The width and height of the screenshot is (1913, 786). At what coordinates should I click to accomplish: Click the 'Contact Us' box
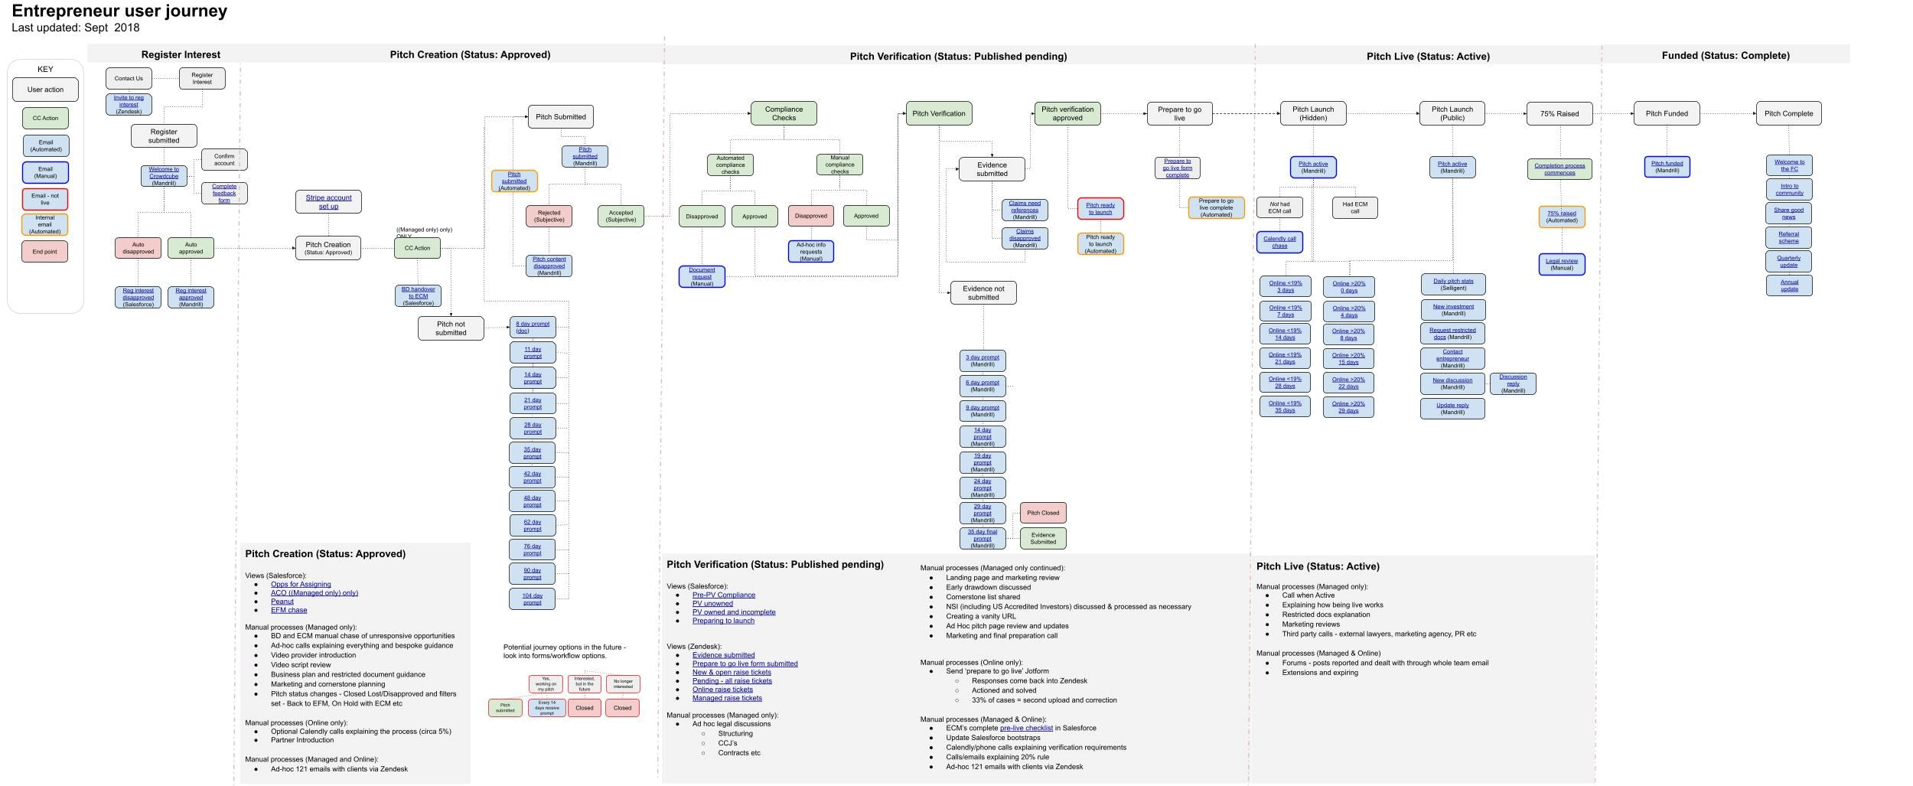pyautogui.click(x=129, y=78)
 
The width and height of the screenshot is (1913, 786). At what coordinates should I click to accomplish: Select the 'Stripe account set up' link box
pyautogui.click(x=328, y=202)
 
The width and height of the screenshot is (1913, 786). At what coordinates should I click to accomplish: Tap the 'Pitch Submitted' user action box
pyautogui.click(x=560, y=117)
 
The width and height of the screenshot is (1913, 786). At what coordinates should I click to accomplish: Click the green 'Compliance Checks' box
pyautogui.click(x=784, y=113)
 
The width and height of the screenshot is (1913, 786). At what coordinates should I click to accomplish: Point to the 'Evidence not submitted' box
pyautogui.click(x=983, y=293)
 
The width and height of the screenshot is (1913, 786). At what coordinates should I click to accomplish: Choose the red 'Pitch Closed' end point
pyautogui.click(x=1043, y=513)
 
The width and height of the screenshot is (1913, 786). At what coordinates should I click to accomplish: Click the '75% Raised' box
pyautogui.click(x=1559, y=113)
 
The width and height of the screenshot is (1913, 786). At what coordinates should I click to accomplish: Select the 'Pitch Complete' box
pyautogui.click(x=1788, y=113)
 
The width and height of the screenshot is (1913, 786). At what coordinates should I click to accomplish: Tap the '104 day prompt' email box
pyautogui.click(x=533, y=598)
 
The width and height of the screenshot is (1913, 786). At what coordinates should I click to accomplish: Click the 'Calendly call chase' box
pyautogui.click(x=1279, y=242)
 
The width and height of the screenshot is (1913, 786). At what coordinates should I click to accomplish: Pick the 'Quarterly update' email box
pyautogui.click(x=1788, y=261)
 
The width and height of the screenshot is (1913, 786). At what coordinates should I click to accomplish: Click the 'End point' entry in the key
pyautogui.click(x=45, y=251)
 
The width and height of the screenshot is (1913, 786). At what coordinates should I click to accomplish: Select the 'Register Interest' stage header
pyautogui.click(x=181, y=54)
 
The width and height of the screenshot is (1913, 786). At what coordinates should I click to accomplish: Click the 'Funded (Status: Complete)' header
pyautogui.click(x=1726, y=55)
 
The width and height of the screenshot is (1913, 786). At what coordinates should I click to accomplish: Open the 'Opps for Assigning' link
pyautogui.click(x=301, y=584)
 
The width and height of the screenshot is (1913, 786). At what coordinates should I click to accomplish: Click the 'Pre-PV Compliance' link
pyautogui.click(x=723, y=595)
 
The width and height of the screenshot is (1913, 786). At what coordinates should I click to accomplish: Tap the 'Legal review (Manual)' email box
pyautogui.click(x=1561, y=264)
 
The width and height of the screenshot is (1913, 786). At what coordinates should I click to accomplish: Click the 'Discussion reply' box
pyautogui.click(x=1513, y=383)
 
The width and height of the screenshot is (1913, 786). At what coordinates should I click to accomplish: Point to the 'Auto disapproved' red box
pyautogui.click(x=138, y=248)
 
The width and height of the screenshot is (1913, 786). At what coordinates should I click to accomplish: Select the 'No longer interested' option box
pyautogui.click(x=623, y=683)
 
